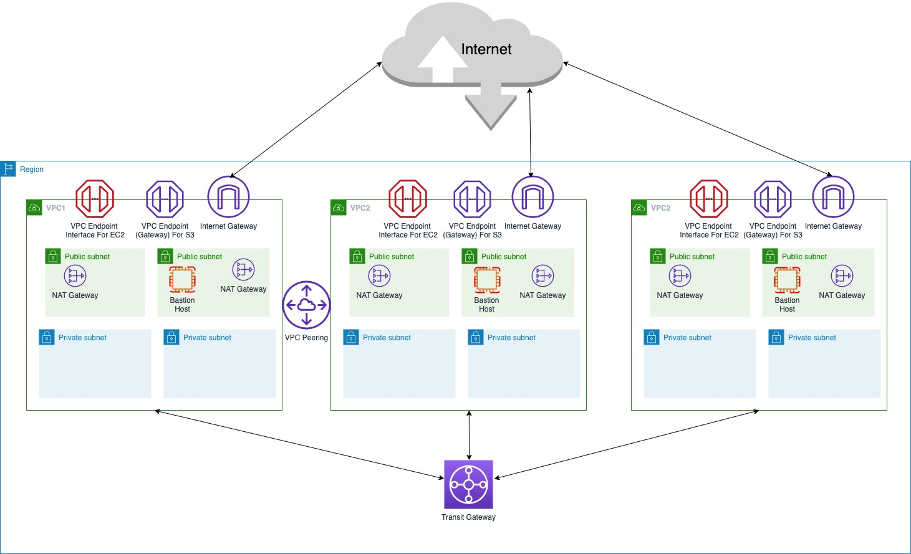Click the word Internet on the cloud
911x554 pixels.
[x=486, y=49]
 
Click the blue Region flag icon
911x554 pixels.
[x=8, y=169]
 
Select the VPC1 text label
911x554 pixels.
[x=55, y=208]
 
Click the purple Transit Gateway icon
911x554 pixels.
[x=468, y=484]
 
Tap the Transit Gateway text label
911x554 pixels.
[x=468, y=517]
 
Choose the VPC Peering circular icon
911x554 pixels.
[x=306, y=305]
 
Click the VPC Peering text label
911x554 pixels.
[x=306, y=338]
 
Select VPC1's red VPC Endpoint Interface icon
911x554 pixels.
[x=95, y=199]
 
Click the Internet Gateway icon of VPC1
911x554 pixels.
[x=228, y=197]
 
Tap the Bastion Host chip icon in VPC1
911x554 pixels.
[x=183, y=280]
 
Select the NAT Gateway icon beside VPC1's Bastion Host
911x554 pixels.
[x=243, y=270]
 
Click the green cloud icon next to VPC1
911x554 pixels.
[x=34, y=208]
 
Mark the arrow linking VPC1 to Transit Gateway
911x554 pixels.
[x=299, y=444]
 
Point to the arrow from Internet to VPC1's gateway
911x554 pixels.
[x=306, y=120]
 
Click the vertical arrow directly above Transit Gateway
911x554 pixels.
[x=469, y=435]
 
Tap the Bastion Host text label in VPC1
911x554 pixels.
[x=182, y=305]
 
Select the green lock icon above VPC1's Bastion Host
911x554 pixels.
[x=165, y=256]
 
